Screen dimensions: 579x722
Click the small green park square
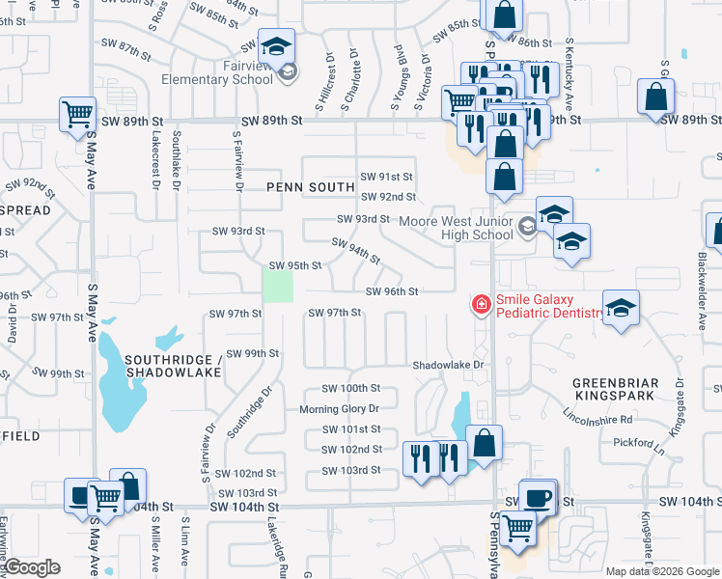tap(278, 286)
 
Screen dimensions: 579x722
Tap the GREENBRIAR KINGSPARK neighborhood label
tap(616, 389)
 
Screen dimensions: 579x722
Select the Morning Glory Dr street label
tap(340, 409)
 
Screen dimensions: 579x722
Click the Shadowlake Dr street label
tap(448, 366)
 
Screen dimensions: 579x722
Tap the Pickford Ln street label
tap(639, 442)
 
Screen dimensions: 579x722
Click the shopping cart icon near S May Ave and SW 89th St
tap(77, 113)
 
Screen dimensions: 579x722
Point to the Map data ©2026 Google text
tap(661, 571)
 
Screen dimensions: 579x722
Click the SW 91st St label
tap(387, 177)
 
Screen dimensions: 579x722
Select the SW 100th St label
tap(347, 388)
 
